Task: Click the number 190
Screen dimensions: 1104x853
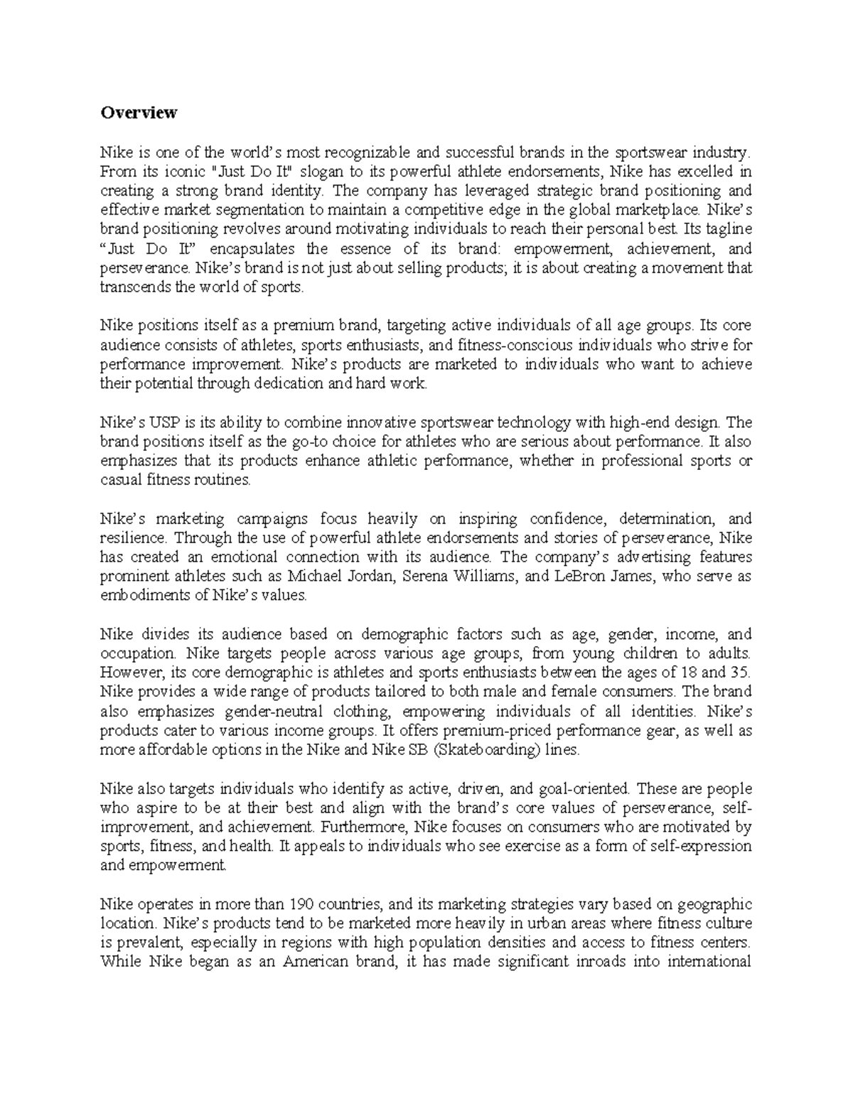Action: coord(304,904)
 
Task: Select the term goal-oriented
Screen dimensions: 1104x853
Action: coord(585,788)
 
